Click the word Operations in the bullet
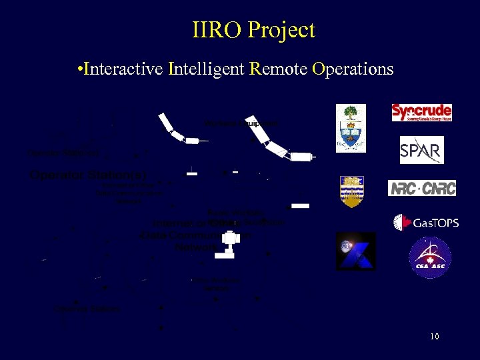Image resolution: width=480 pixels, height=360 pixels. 353,69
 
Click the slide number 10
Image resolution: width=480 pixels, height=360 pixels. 434,337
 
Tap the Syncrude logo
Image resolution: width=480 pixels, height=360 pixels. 421,112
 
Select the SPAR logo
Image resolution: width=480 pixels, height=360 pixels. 421,150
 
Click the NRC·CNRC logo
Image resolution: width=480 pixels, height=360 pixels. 422,188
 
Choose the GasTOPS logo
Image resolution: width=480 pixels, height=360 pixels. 426,223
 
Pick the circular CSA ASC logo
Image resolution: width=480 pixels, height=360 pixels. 429,257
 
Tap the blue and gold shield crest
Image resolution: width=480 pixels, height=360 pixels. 351,192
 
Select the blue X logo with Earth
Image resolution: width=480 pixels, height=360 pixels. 355,251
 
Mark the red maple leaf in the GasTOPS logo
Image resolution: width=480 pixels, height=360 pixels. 402,223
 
